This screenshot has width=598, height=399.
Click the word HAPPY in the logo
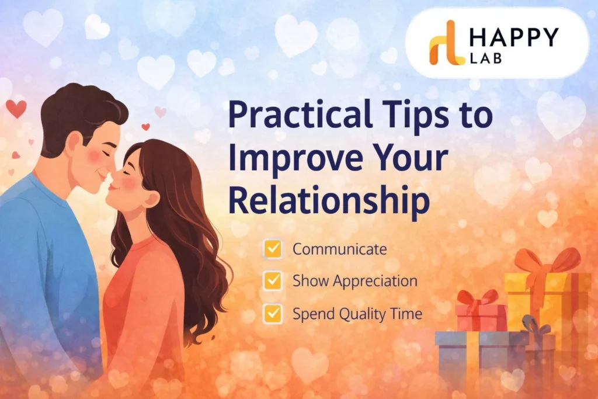(514, 38)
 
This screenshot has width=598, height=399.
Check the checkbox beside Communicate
(273, 249)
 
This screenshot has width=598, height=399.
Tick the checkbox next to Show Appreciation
(273, 281)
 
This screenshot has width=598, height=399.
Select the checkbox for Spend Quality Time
(273, 314)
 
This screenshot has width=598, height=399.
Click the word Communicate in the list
(339, 249)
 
